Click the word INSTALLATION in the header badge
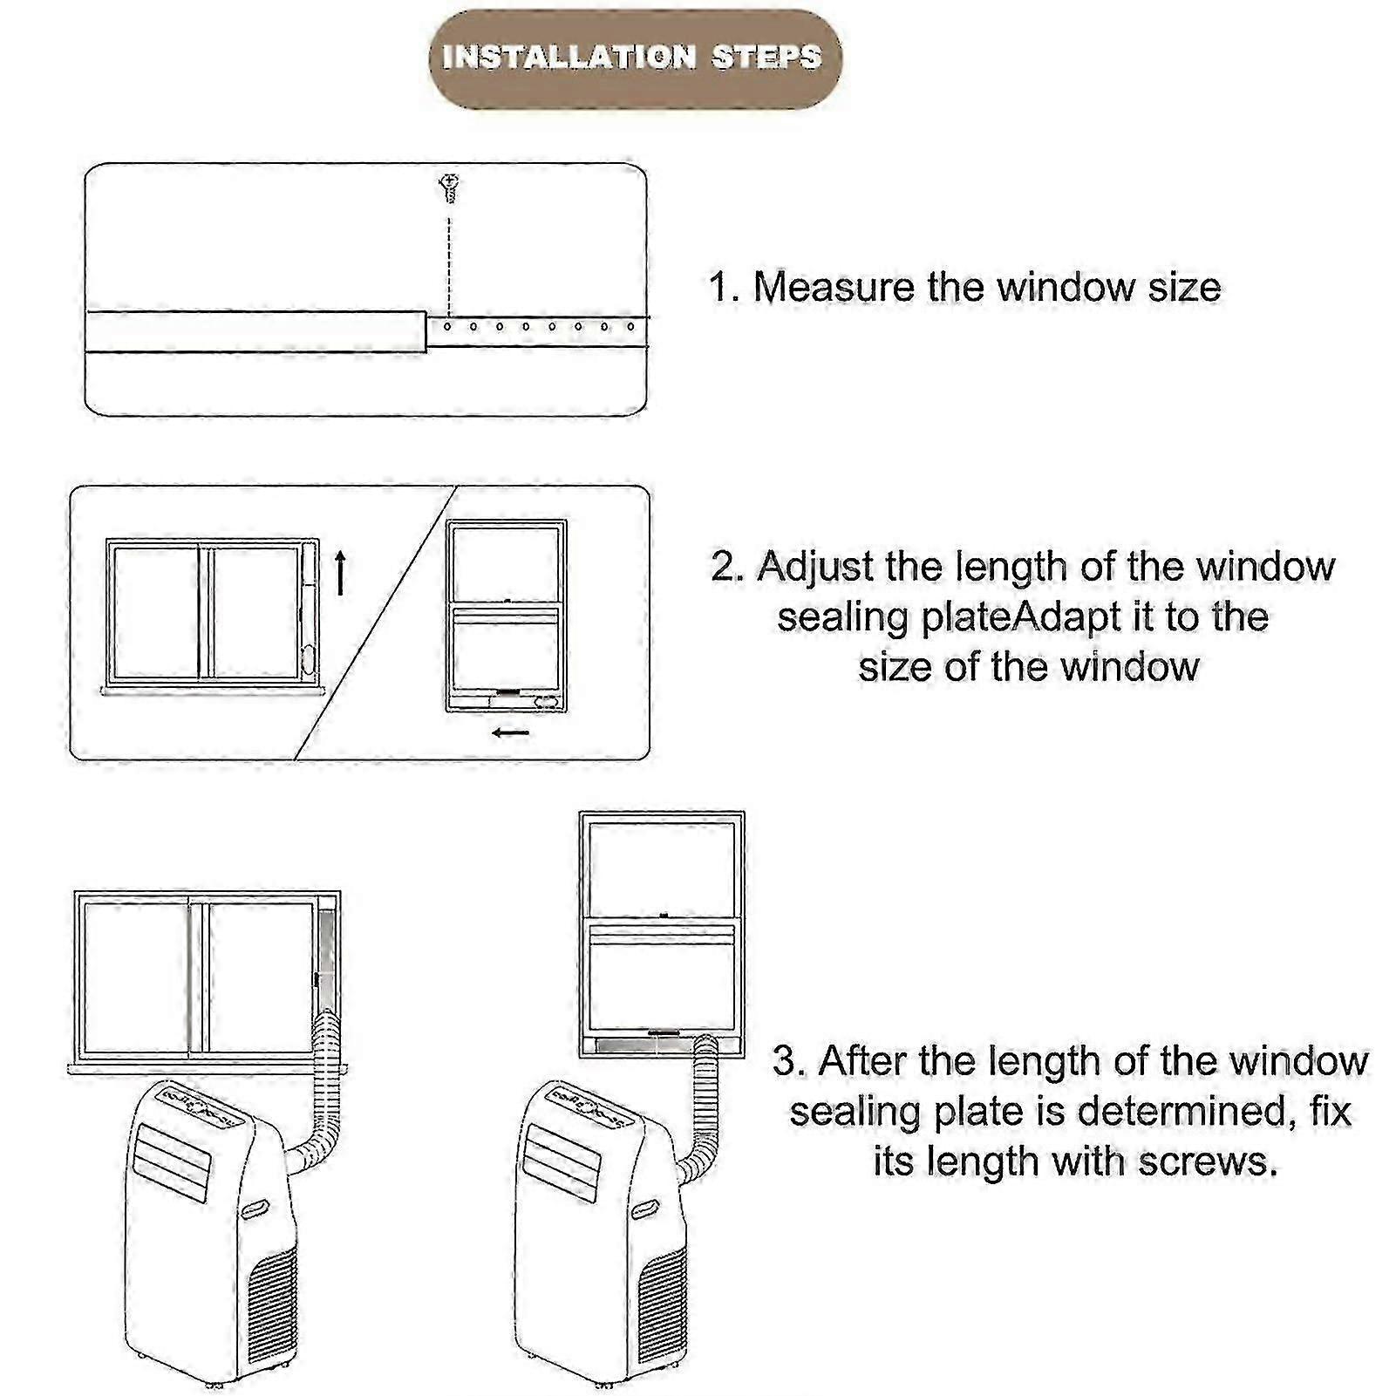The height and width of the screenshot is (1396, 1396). tap(569, 58)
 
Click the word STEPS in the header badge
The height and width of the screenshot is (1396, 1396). tap(766, 58)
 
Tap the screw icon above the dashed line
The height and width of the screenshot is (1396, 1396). tap(449, 187)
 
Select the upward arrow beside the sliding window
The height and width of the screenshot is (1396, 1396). tap(341, 572)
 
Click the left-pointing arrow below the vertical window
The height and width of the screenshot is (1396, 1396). tap(510, 732)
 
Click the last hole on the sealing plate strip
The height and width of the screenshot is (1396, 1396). tap(631, 327)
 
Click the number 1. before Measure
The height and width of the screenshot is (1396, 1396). tap(723, 287)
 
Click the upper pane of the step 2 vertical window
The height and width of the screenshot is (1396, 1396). tap(506, 562)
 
